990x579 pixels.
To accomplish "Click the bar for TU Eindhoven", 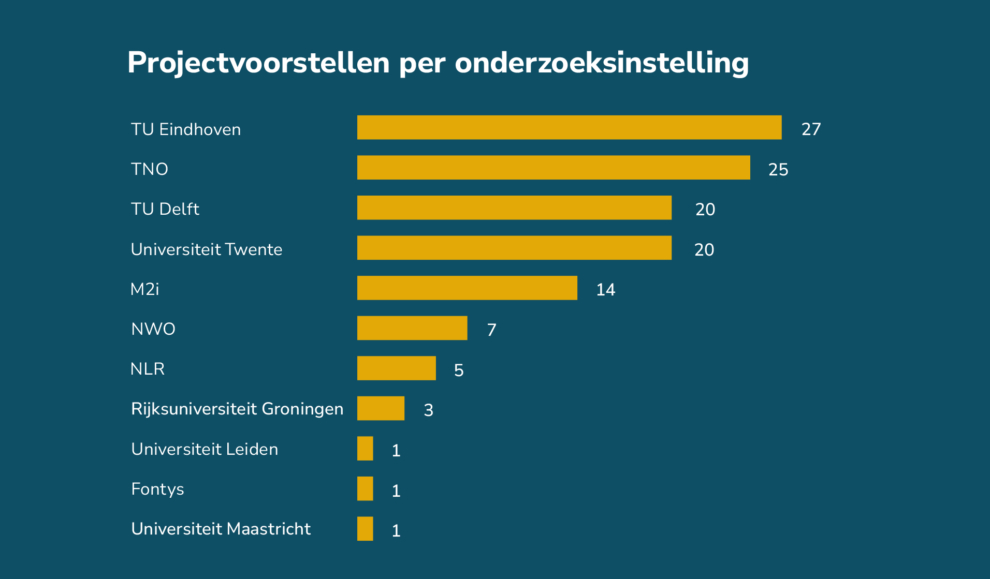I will [x=569, y=127].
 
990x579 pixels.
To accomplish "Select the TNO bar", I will [x=554, y=168].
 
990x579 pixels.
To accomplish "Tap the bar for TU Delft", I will [x=514, y=207].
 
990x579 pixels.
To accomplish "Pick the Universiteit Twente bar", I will [x=514, y=248].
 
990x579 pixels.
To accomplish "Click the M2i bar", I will [x=467, y=288].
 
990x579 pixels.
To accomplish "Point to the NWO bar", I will [x=412, y=328].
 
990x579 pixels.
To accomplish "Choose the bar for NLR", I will [x=396, y=368].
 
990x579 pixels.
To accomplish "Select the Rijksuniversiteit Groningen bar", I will [x=381, y=408].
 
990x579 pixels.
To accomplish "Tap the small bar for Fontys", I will [x=365, y=488].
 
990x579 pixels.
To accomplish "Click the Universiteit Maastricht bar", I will [x=365, y=529].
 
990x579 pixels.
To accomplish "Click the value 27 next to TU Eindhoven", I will [x=811, y=129].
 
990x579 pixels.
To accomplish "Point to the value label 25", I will [x=778, y=169].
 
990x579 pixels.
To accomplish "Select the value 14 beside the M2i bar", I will [x=605, y=289].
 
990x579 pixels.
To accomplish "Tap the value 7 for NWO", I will [x=491, y=330].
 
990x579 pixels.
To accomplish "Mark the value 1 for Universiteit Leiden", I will [x=396, y=450].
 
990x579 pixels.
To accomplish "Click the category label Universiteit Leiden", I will [x=205, y=449].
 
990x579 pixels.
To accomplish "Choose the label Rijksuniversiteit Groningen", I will [x=237, y=409].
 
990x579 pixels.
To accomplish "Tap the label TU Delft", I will [x=165, y=209].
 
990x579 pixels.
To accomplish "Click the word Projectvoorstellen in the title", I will [x=258, y=63].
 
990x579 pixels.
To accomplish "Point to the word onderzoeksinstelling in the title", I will [x=602, y=63].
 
